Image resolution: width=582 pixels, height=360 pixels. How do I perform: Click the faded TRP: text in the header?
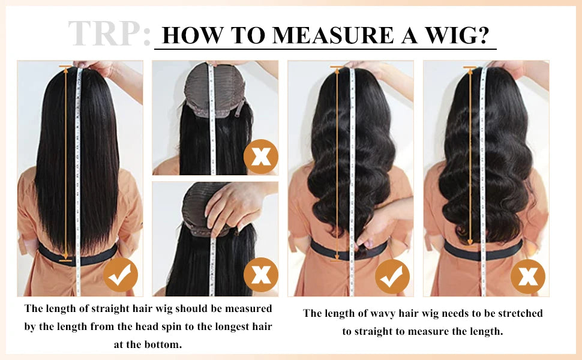tap(109, 34)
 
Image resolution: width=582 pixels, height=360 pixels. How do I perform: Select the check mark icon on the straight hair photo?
tap(121, 275)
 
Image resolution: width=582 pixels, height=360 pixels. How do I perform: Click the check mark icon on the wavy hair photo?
tap(392, 277)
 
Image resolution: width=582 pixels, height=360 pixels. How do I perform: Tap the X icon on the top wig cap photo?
tap(260, 156)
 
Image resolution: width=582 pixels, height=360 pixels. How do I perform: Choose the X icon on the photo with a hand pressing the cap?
tap(260, 275)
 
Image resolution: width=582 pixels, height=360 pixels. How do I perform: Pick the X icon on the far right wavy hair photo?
tap(527, 277)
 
